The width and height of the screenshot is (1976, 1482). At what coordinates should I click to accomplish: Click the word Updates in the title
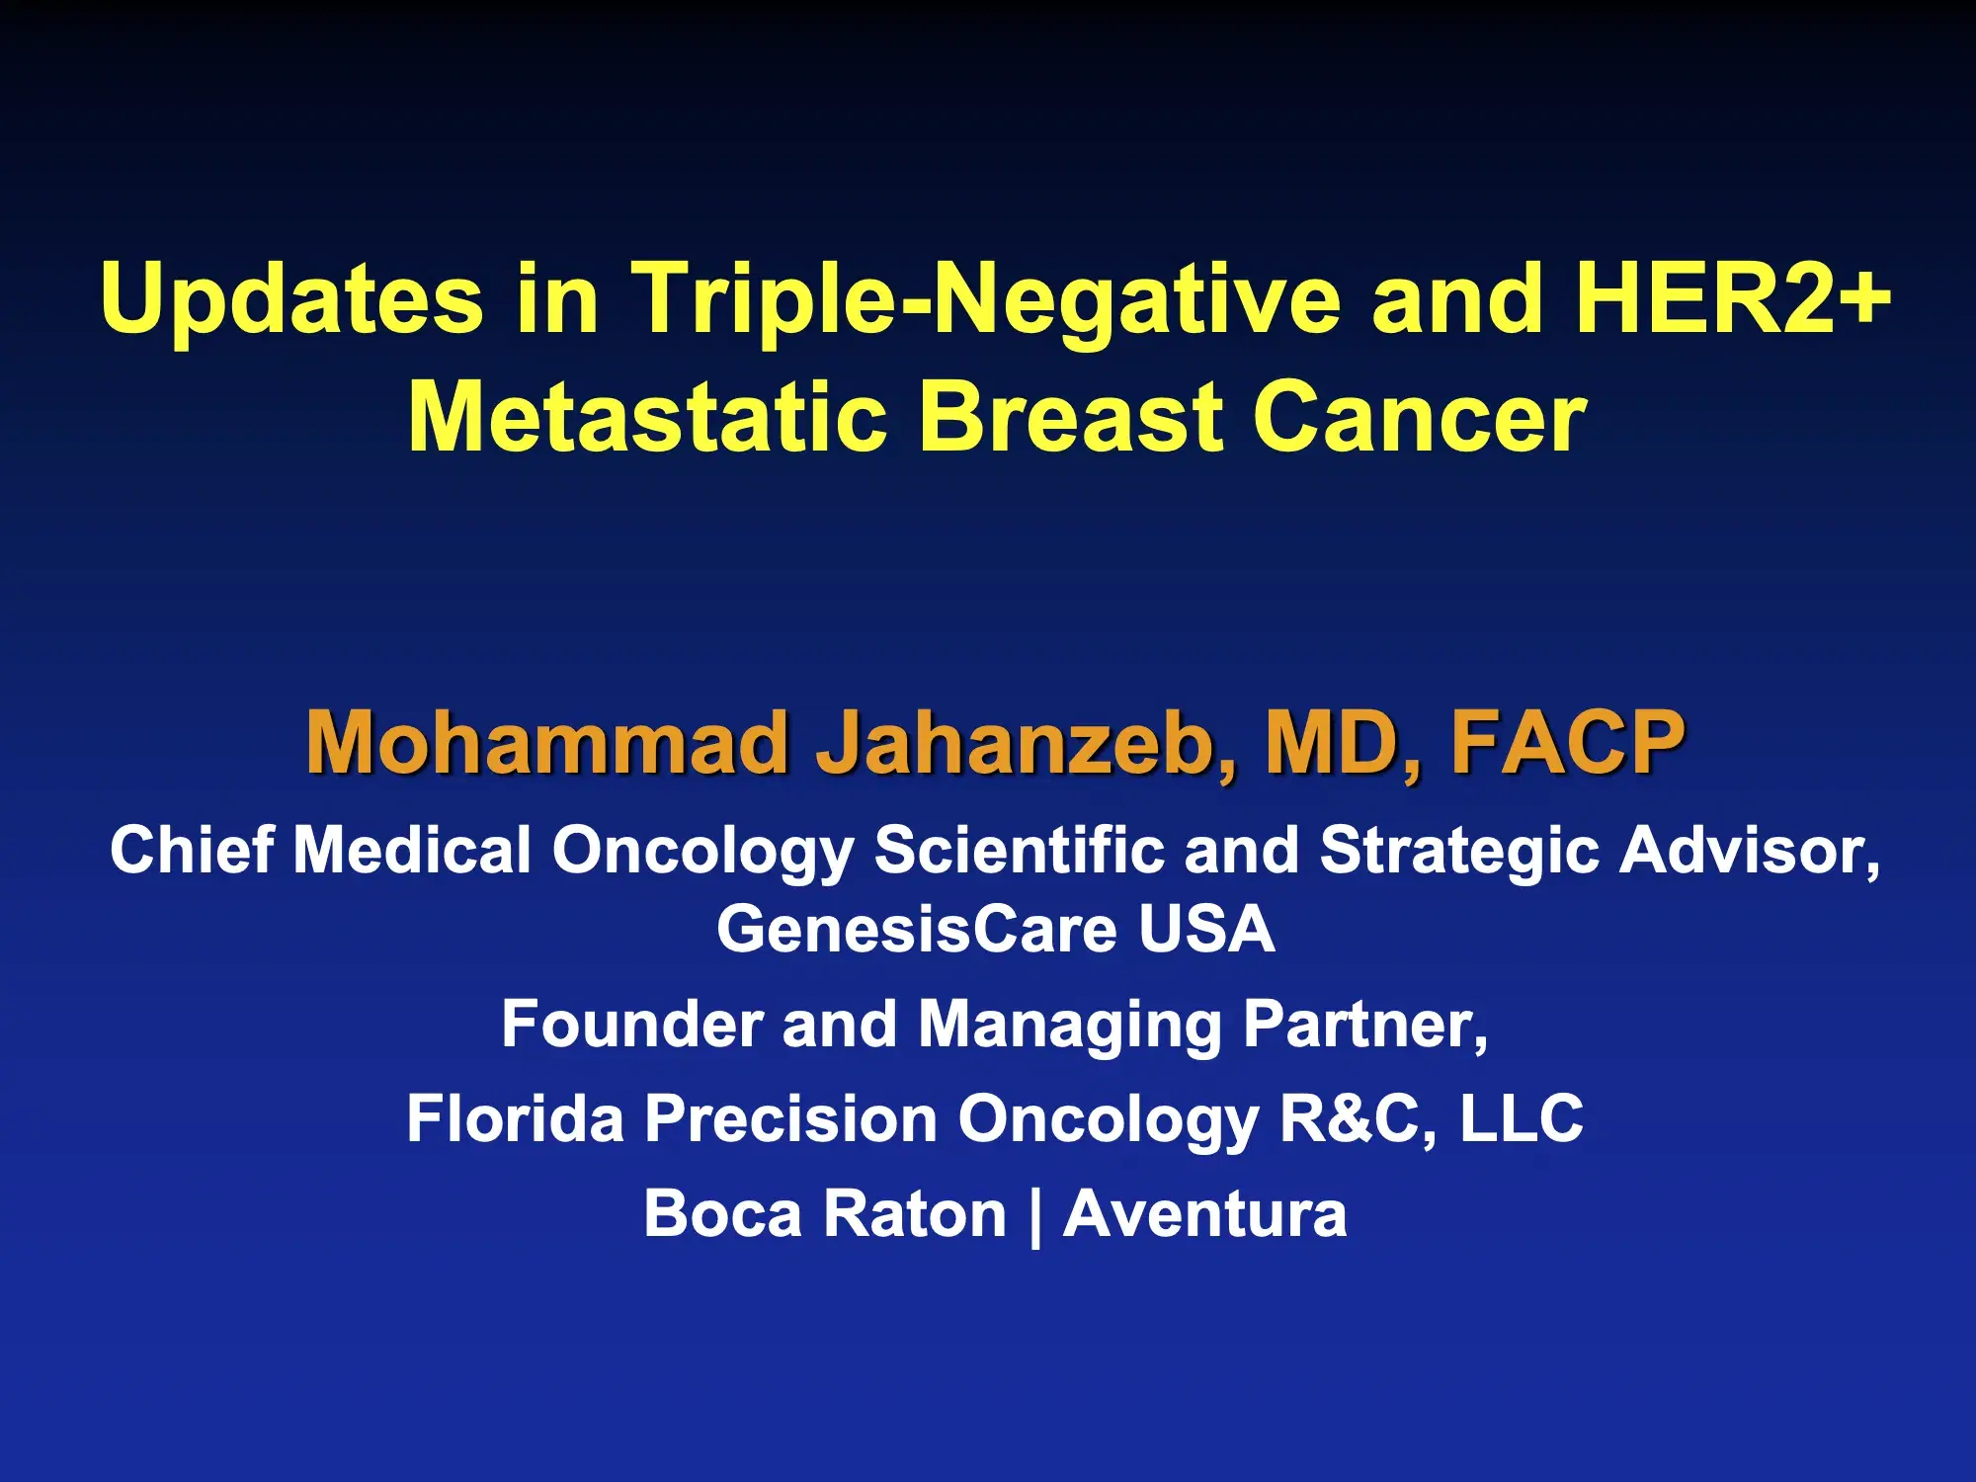click(x=291, y=299)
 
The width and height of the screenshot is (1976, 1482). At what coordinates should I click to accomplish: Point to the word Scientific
click(x=1019, y=851)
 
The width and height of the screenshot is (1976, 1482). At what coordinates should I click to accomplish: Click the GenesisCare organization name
click(x=915, y=930)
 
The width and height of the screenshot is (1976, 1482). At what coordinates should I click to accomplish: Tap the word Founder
click(x=630, y=1025)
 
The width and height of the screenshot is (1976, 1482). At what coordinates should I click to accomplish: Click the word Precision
click(x=790, y=1119)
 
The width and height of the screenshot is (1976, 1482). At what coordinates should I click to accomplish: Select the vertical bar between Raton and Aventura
click(x=1035, y=1215)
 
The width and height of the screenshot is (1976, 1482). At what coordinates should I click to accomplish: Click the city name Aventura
click(x=1205, y=1214)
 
